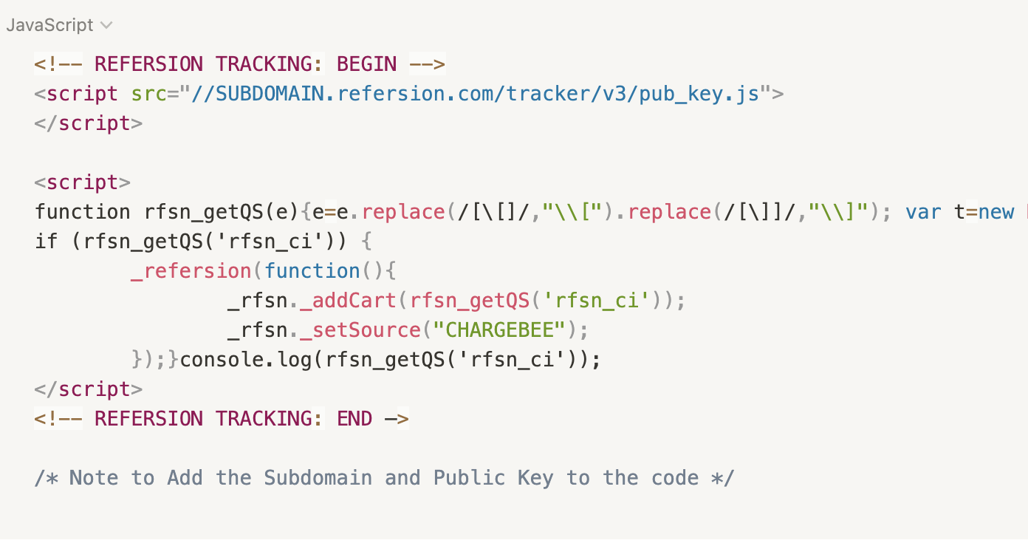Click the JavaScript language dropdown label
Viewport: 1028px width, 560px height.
point(49,25)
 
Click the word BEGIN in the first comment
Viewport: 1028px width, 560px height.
point(366,64)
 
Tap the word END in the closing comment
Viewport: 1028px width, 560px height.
point(354,419)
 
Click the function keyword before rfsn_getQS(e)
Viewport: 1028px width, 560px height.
point(82,212)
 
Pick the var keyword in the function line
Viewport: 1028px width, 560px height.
point(923,212)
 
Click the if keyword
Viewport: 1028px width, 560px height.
point(46,242)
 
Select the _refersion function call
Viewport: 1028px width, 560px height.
point(191,271)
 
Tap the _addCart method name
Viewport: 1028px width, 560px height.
point(349,301)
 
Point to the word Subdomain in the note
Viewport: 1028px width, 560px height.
point(318,478)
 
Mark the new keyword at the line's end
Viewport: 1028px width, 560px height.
point(996,212)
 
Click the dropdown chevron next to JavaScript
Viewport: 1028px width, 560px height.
point(106,25)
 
